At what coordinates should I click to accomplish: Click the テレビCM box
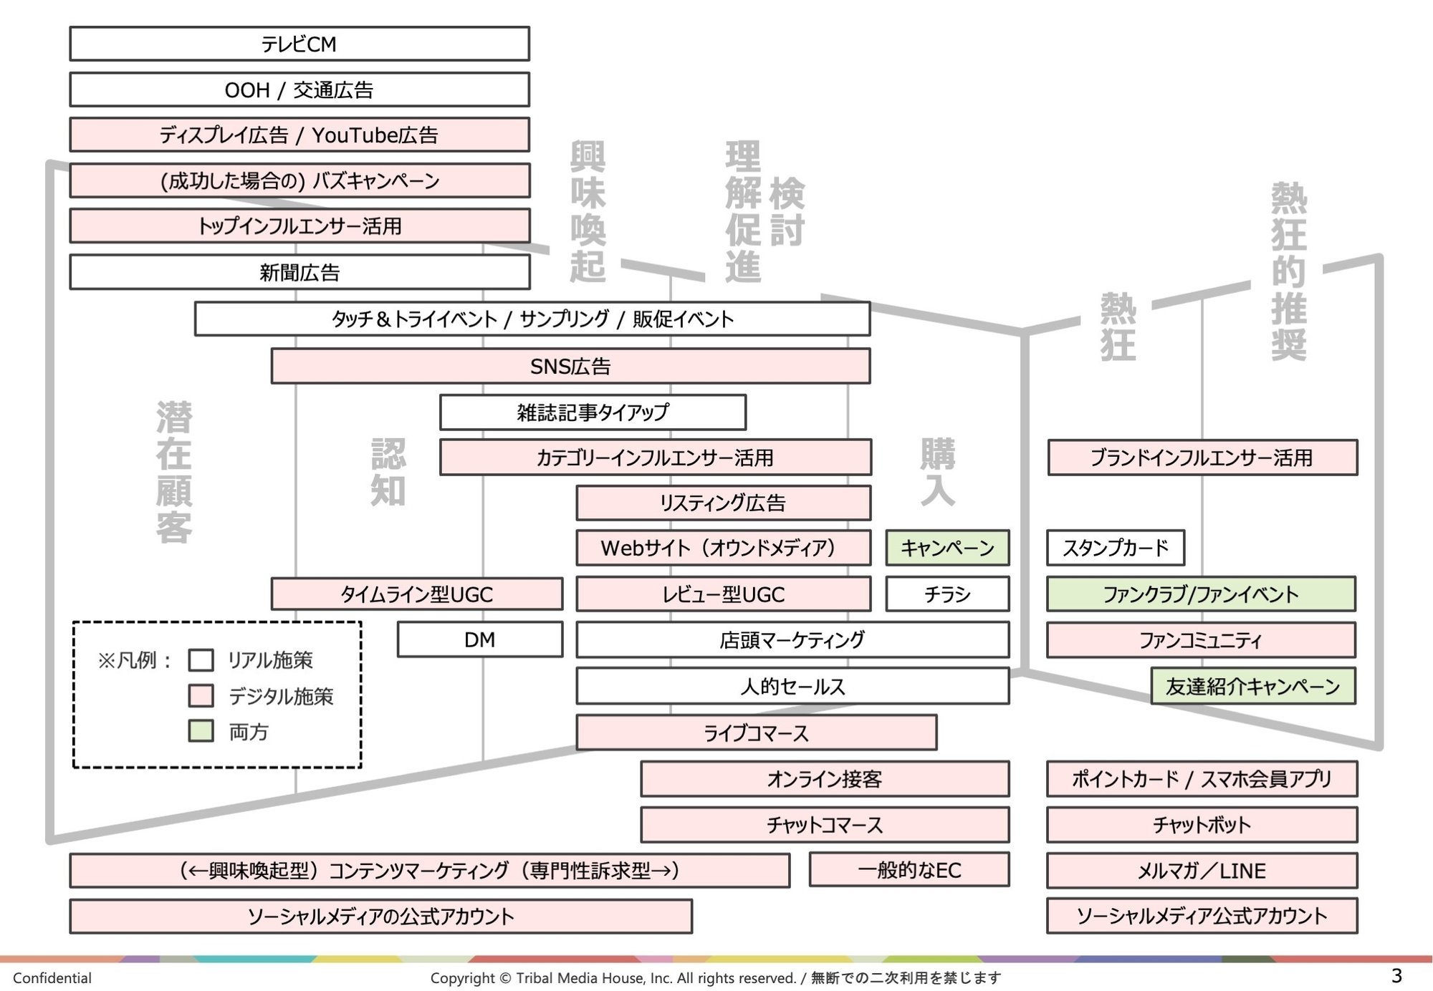[299, 44]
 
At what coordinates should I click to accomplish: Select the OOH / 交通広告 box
[299, 90]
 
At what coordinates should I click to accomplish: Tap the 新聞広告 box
[299, 272]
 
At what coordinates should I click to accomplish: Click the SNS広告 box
[570, 366]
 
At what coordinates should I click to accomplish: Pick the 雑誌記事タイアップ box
[593, 412]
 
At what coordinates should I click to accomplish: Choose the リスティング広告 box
[723, 503]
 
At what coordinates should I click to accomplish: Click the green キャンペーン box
[947, 548]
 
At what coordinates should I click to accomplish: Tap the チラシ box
[947, 594]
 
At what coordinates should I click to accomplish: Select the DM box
[479, 639]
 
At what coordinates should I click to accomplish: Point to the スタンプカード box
[1115, 548]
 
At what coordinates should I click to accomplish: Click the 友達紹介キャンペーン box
[1252, 686]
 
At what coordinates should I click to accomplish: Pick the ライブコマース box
[756, 733]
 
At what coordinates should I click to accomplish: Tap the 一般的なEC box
[909, 870]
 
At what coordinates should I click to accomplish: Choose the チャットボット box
[1202, 825]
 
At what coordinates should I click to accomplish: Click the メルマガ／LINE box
[1202, 871]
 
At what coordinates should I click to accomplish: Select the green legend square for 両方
[201, 731]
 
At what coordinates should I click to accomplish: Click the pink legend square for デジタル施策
[201, 695]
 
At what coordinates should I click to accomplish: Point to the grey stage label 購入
[938, 473]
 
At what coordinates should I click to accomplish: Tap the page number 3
[1396, 975]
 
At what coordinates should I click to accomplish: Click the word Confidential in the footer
[52, 978]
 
